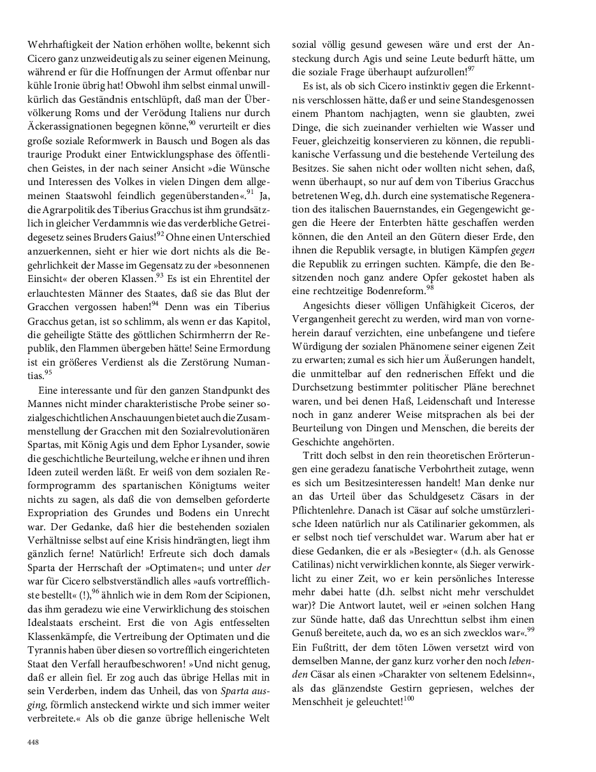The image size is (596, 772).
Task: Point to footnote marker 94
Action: [155, 302]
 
